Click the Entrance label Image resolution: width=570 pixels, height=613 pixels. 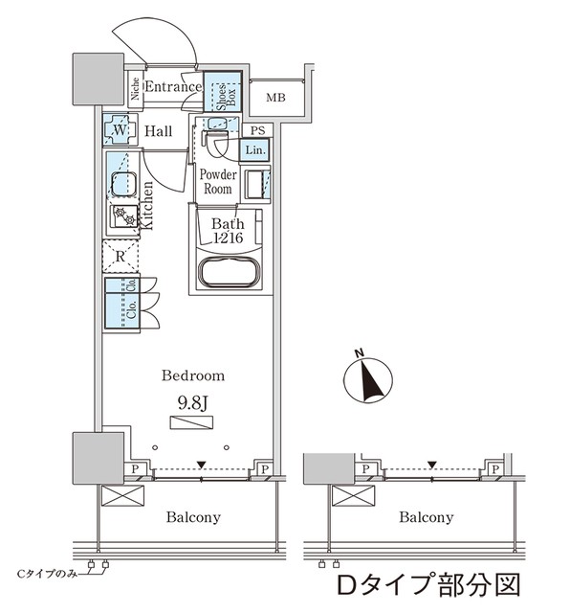click(173, 87)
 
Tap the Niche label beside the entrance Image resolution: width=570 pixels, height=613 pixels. click(136, 91)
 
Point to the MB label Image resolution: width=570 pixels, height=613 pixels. click(275, 98)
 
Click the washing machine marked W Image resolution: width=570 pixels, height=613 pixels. click(121, 130)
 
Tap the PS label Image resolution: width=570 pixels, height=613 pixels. click(256, 130)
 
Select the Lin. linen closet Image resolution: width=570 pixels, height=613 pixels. click(255, 150)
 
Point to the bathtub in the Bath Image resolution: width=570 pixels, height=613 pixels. click(228, 271)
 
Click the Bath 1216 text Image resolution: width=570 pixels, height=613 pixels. click(228, 231)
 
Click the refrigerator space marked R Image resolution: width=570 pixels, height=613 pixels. click(121, 257)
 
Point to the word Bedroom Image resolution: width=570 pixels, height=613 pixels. click(193, 375)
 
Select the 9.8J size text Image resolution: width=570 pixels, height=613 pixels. click(192, 401)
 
